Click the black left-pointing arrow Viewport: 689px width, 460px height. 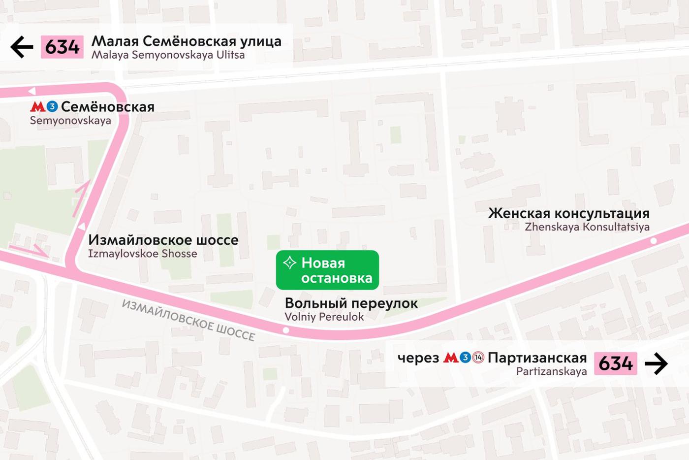[x=22, y=47]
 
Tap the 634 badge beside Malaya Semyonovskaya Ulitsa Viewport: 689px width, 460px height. [x=62, y=47]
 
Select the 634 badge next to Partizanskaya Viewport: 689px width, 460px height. [x=615, y=363]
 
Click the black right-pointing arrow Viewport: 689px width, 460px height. [x=656, y=364]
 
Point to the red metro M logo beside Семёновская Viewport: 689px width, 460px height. [x=37, y=106]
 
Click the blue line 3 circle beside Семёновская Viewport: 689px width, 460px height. [x=52, y=106]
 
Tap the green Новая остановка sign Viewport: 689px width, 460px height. [x=327, y=270]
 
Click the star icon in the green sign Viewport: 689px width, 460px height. [x=289, y=263]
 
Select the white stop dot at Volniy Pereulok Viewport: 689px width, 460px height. [x=286, y=330]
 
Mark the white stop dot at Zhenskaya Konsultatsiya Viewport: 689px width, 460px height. [x=654, y=241]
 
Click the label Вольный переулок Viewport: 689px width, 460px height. [x=351, y=303]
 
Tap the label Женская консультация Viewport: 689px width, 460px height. [x=568, y=213]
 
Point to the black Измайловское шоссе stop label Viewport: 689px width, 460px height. [x=163, y=240]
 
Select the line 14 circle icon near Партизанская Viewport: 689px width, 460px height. [x=478, y=358]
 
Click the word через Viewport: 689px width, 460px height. [x=418, y=358]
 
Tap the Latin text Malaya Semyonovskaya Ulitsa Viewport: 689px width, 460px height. [x=168, y=55]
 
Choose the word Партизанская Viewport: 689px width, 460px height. [x=537, y=358]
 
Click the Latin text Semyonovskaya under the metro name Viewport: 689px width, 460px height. [x=70, y=121]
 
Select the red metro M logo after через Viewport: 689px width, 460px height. [x=451, y=358]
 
